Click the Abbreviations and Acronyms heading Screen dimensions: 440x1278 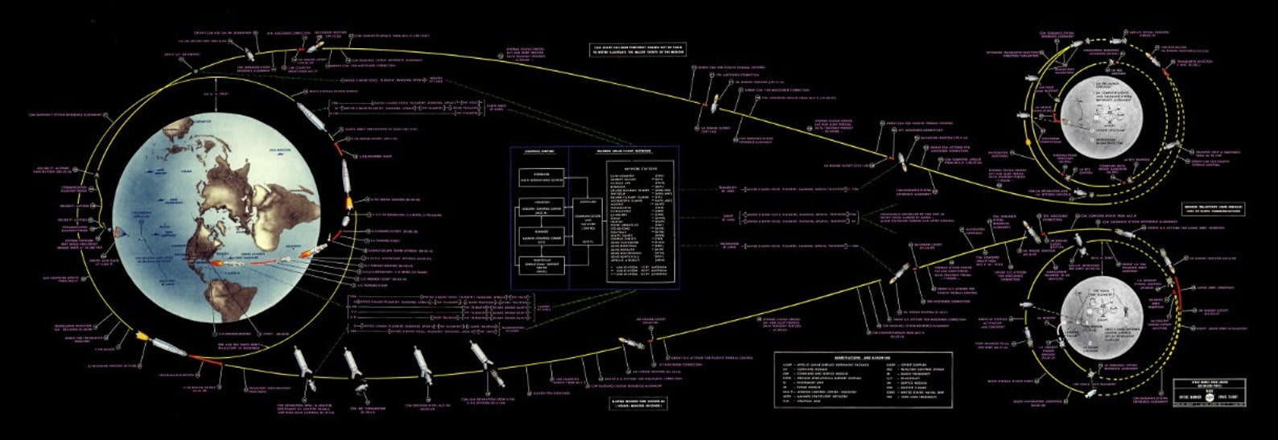[x=861, y=356]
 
